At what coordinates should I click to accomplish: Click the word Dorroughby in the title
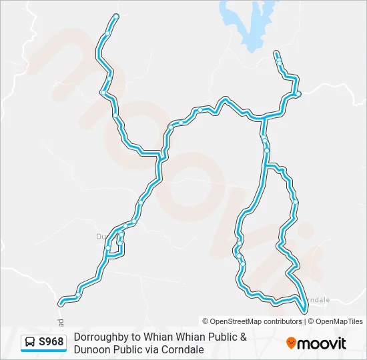point(100,337)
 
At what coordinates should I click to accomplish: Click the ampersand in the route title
point(243,337)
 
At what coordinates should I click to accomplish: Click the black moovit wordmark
point(323,343)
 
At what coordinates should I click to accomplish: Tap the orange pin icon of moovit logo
point(292,343)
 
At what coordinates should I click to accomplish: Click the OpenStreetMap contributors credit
point(252,321)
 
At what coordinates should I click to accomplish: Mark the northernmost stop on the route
point(116,16)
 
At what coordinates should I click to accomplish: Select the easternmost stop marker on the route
point(298,93)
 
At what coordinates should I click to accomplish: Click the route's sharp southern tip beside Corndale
point(304,311)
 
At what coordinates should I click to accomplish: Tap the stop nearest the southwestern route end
point(79,293)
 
